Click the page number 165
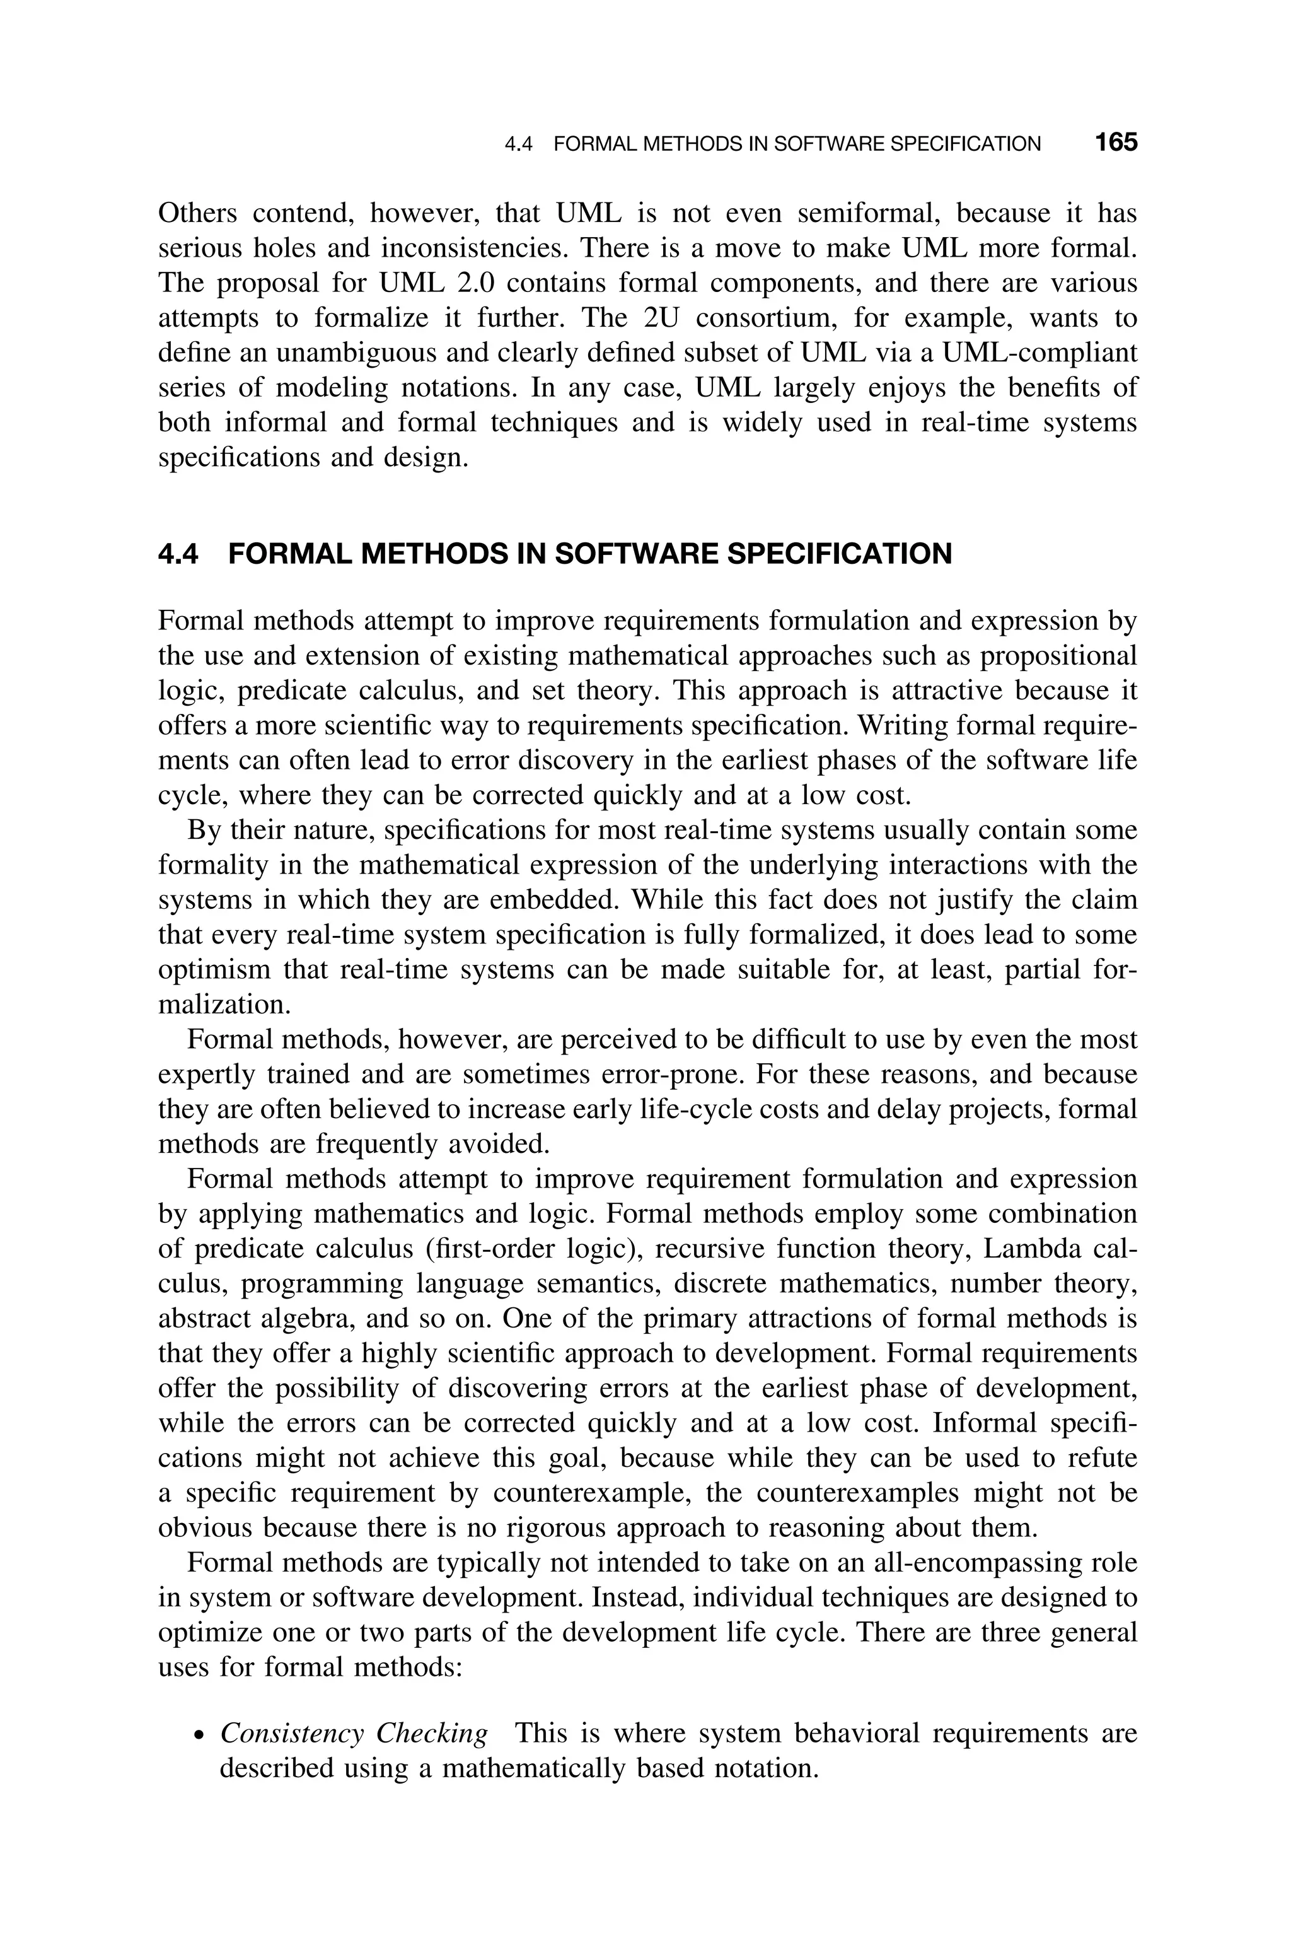pos(1116,143)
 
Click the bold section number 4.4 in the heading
pos(178,554)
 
